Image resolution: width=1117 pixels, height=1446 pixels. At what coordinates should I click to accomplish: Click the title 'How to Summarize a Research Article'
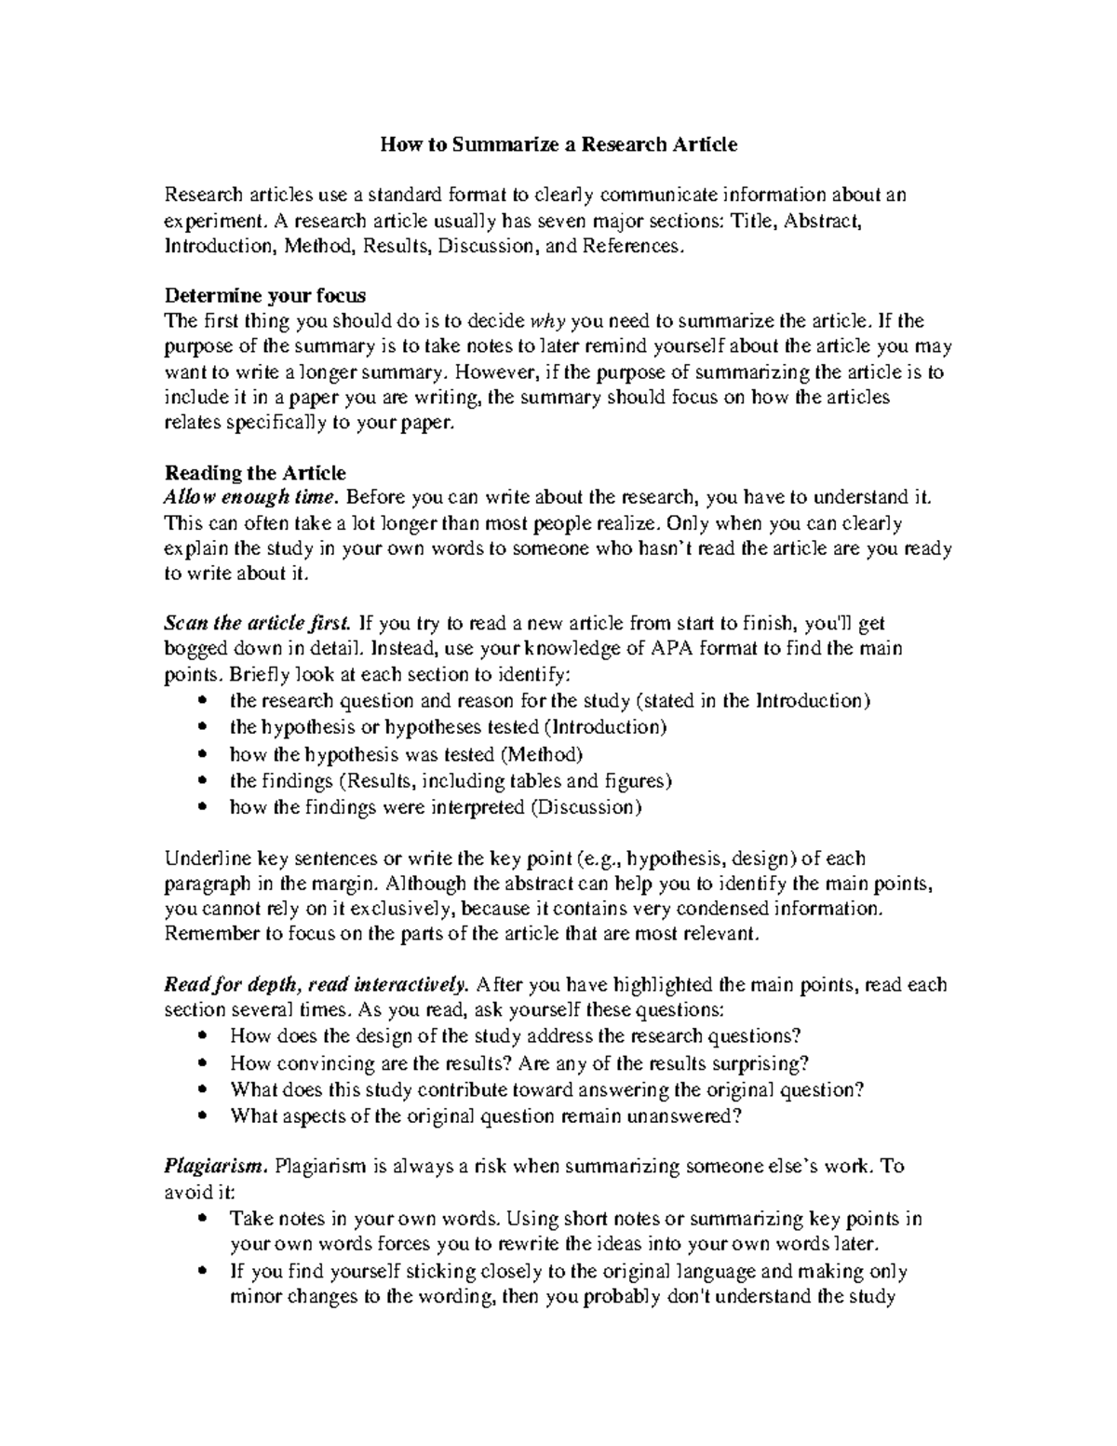pyautogui.click(x=558, y=144)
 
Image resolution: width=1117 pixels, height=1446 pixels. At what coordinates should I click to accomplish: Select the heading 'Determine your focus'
pyautogui.click(x=265, y=295)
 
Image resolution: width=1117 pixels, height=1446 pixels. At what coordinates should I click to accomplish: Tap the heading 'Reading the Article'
pyautogui.click(x=255, y=473)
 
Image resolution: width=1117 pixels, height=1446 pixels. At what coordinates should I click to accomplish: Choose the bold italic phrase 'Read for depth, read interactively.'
pyautogui.click(x=316, y=984)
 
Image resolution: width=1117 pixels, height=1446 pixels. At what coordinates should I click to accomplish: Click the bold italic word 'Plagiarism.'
pyautogui.click(x=216, y=1166)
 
